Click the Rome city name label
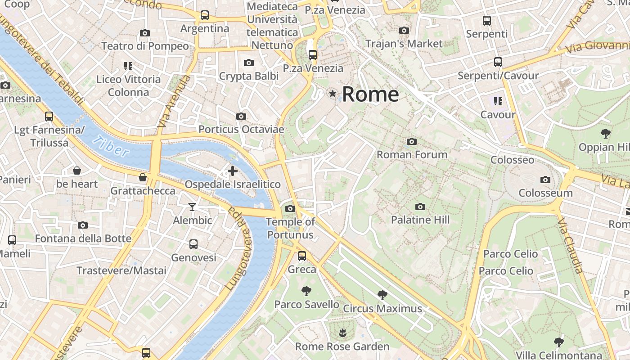370,94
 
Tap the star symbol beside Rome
333,94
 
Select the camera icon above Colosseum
545,180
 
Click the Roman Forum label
412,154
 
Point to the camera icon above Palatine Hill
420,207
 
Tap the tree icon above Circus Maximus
382,295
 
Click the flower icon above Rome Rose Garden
342,333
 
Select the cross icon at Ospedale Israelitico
233,171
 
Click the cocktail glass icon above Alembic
192,207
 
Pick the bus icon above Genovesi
193,244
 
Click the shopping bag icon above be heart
77,171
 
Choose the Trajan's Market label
404,44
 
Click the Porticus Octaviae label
241,130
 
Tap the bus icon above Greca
302,256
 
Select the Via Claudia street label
570,246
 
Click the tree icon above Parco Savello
306,291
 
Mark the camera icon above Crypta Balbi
249,63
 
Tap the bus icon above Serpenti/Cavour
498,62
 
